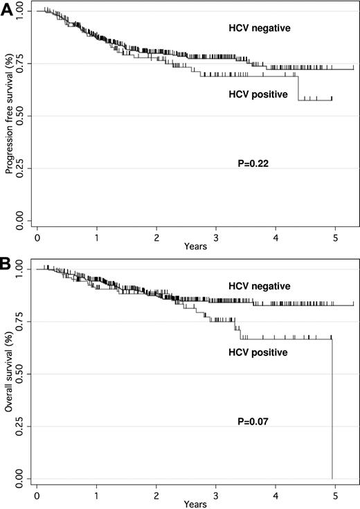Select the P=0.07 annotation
pos(253,419)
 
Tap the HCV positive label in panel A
pos(258,94)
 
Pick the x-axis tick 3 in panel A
pos(216,236)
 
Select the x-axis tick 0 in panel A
pos(37,236)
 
